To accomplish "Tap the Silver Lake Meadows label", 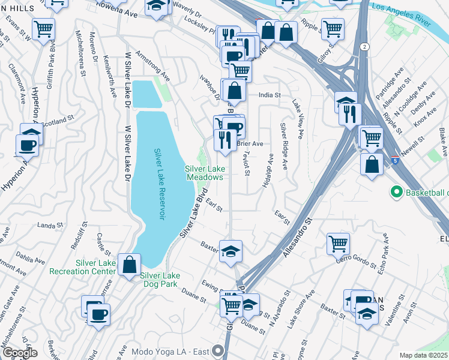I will click(204, 173).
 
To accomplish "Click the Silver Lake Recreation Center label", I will click(95, 267).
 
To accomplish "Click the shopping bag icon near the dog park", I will click(130, 265).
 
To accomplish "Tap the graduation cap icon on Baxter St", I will click(231, 251).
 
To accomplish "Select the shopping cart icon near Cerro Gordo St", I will click(339, 244).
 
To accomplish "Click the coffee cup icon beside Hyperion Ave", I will click(28, 145).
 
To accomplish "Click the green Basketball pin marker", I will click(396, 193).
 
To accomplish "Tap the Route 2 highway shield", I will click(364, 46).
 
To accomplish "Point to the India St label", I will click(270, 95).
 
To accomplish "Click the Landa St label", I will click(50, 225).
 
